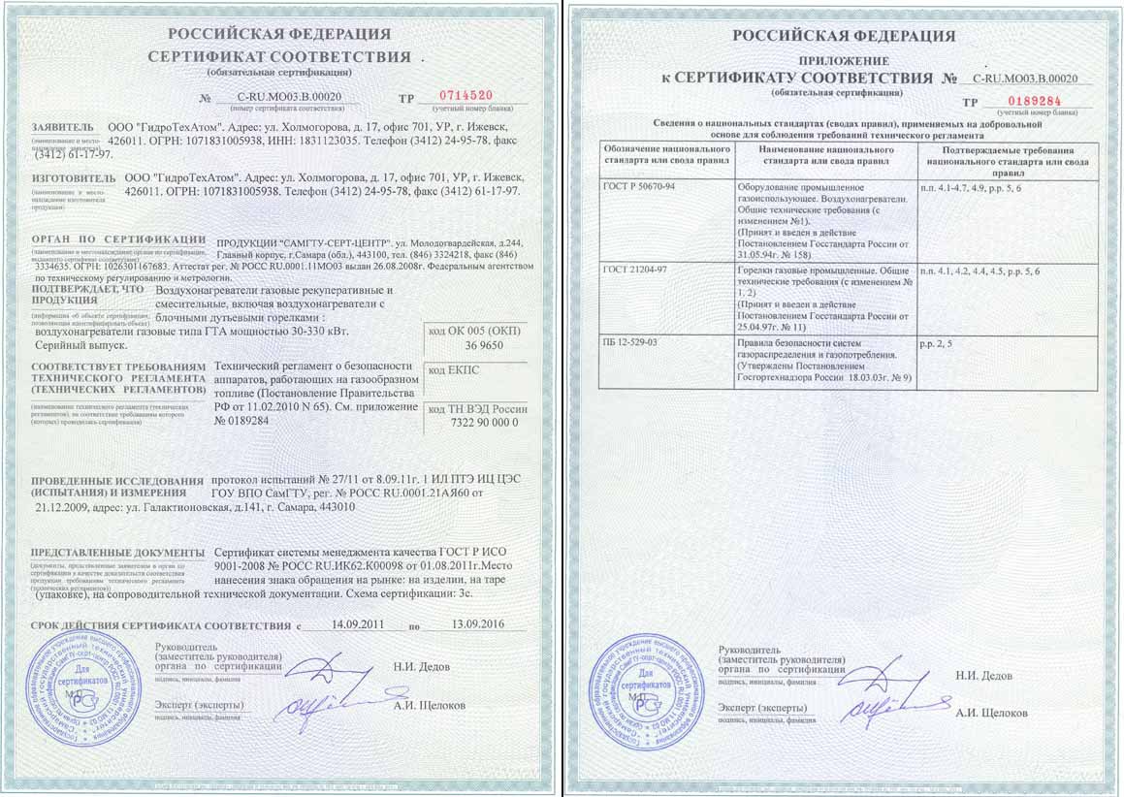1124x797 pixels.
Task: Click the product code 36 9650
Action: pos(486,346)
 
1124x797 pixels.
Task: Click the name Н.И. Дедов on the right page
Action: pos(983,676)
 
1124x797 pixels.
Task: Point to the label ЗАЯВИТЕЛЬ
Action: pos(63,127)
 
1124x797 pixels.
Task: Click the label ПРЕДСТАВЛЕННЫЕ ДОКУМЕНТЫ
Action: pos(117,552)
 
